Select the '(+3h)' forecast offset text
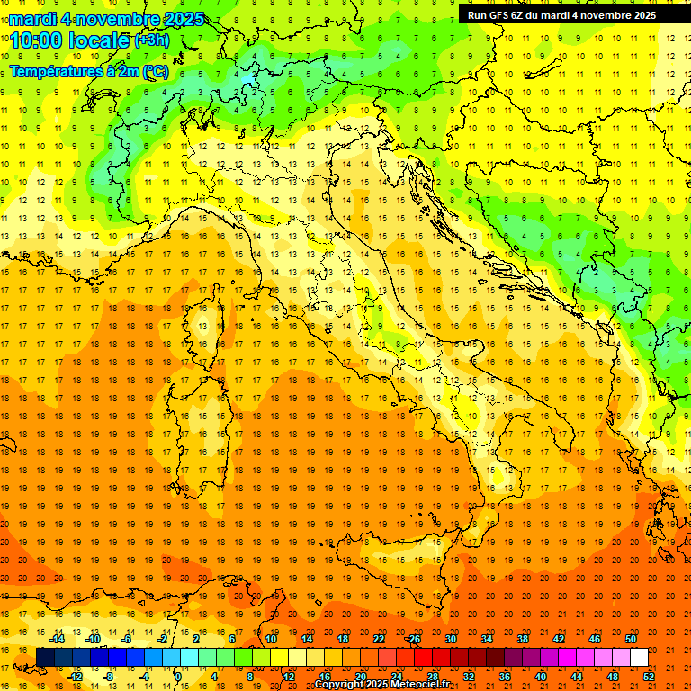[150, 40]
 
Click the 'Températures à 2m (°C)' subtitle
[88, 70]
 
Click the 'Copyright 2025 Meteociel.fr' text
[381, 685]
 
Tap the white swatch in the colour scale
[639, 658]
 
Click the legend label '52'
[649, 677]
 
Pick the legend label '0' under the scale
[178, 677]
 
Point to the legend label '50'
[631, 639]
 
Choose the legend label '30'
[450, 639]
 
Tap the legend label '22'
[378, 639]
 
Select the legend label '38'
[522, 639]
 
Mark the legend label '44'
[577, 677]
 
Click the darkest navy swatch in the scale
[45, 658]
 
